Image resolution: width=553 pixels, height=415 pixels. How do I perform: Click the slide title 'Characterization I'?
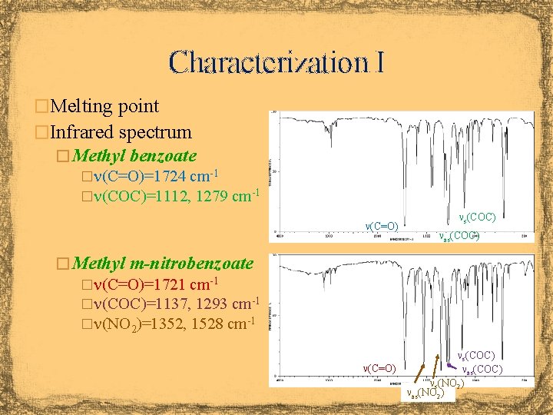coord(276,61)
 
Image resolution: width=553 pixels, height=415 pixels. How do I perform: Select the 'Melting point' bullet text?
coord(104,106)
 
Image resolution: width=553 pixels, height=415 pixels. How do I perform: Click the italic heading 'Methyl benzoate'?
coord(135,156)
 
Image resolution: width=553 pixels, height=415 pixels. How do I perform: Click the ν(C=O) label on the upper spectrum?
coord(381,226)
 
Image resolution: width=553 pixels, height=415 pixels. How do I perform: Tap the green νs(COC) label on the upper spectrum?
coord(476,219)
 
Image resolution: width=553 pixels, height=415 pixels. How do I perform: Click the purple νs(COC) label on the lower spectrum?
coord(476,356)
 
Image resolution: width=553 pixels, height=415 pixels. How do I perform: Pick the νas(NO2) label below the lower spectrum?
coord(425,394)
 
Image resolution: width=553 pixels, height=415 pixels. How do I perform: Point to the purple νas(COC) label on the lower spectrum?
coord(482,370)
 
